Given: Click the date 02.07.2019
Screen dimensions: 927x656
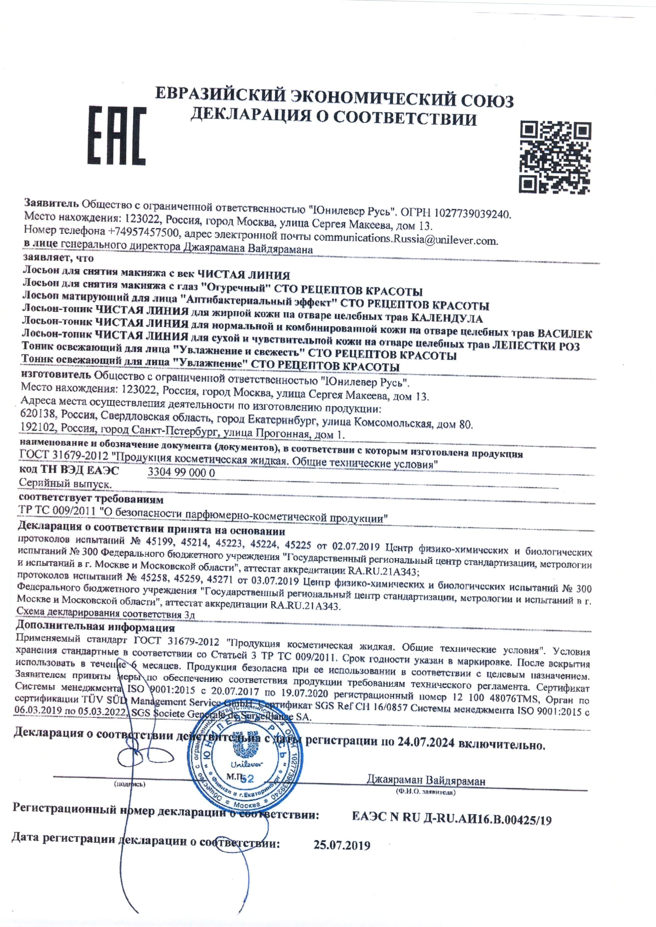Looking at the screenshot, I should pyautogui.click(x=356, y=546).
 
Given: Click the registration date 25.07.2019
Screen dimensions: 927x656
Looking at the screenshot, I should pyautogui.click(x=342, y=845).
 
